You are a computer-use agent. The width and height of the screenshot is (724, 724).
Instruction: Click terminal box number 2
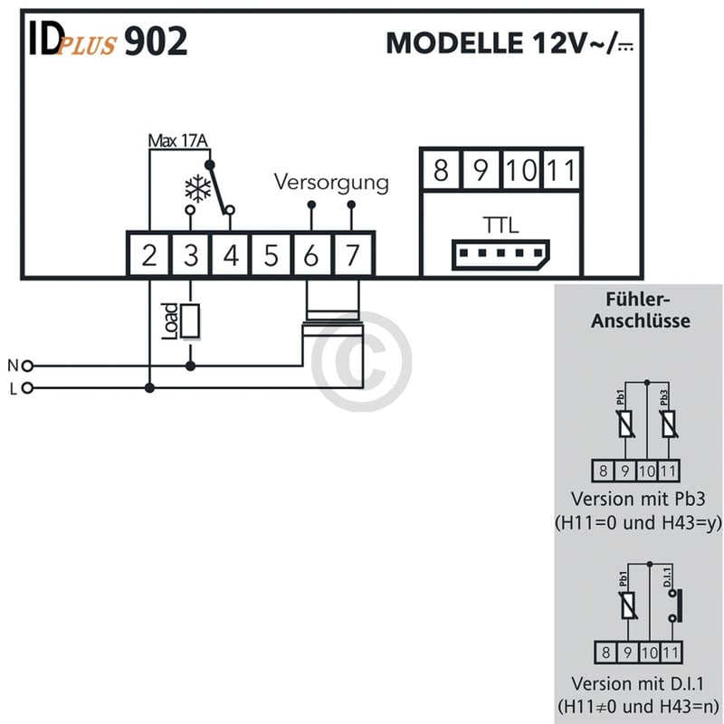tap(149, 256)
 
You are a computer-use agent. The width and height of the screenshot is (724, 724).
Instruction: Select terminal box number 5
tap(271, 256)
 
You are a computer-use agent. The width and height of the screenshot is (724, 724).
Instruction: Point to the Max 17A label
tap(177, 141)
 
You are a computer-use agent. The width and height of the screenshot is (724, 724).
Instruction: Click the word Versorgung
tap(331, 182)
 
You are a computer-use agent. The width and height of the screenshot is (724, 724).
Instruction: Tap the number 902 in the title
tap(156, 42)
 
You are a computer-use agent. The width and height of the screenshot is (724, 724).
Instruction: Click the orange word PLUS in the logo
tap(87, 47)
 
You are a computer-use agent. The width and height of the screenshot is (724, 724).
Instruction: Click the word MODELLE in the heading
tap(449, 43)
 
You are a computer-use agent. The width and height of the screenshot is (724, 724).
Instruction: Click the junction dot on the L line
tap(149, 388)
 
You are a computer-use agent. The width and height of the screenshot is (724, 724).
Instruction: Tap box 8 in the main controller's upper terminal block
tap(440, 171)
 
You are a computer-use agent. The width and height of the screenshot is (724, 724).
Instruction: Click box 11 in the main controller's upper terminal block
tap(562, 171)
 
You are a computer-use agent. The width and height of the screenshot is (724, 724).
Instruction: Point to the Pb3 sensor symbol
tap(668, 423)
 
